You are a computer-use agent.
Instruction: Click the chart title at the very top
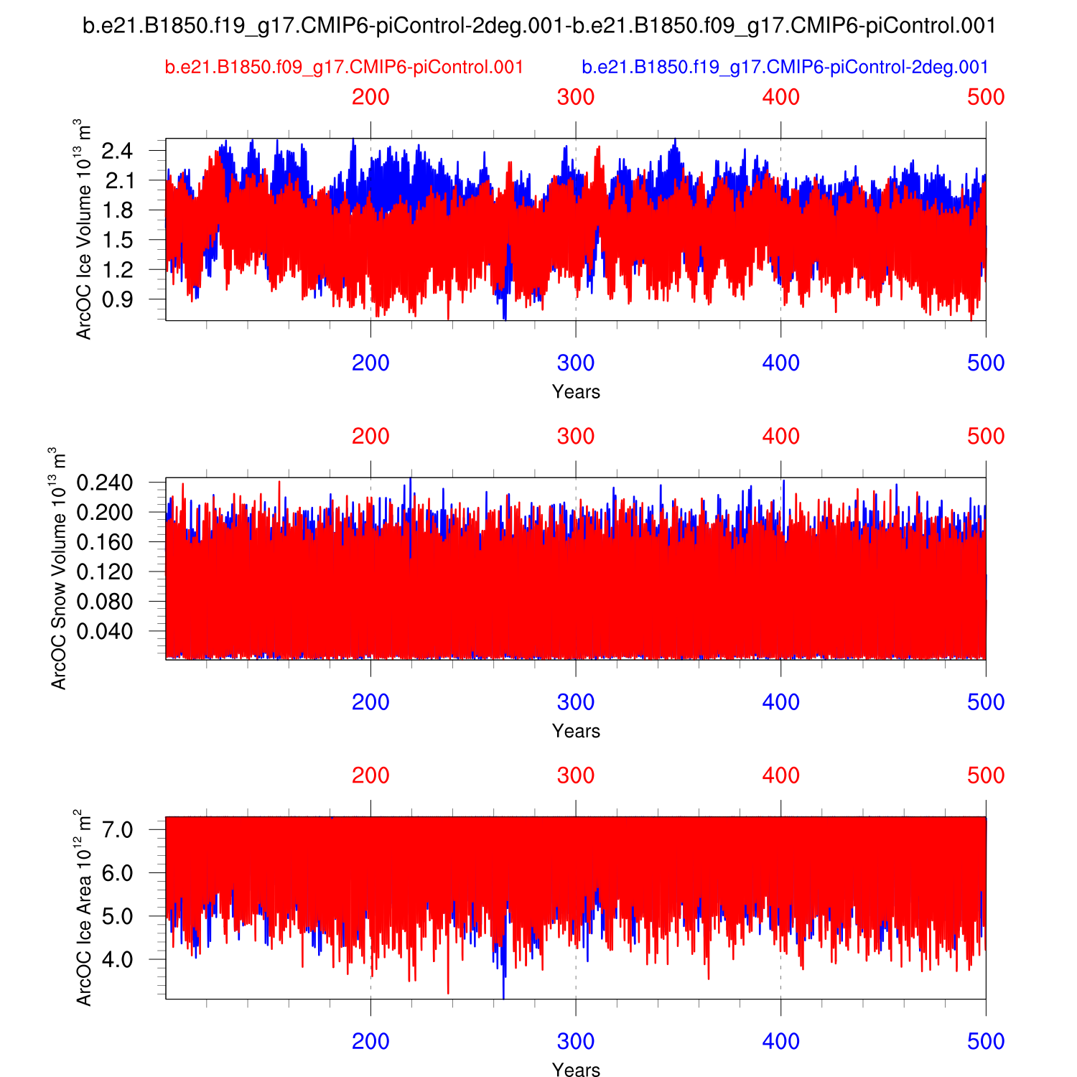(x=538, y=27)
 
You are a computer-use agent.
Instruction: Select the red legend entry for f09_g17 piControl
(x=344, y=67)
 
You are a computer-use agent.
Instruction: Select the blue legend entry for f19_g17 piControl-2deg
(x=785, y=67)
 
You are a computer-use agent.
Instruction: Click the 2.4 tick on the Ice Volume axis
(x=117, y=151)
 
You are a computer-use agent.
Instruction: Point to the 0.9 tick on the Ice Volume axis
(x=117, y=299)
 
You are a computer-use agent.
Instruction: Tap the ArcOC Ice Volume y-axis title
(x=84, y=228)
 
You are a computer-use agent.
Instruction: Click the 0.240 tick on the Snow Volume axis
(x=106, y=482)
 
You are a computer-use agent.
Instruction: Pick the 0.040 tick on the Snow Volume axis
(x=106, y=631)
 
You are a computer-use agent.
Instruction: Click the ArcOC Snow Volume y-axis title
(x=58, y=568)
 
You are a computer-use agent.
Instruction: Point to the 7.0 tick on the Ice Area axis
(x=118, y=830)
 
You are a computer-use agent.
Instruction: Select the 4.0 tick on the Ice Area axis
(x=118, y=959)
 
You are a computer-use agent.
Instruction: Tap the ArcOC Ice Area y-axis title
(x=84, y=908)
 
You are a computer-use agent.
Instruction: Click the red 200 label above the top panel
(x=370, y=97)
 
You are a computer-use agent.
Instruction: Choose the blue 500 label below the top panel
(x=985, y=363)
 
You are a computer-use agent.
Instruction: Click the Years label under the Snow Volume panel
(x=576, y=731)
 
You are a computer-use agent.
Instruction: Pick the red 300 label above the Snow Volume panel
(x=576, y=437)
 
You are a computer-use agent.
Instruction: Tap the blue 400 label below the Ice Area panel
(x=780, y=1041)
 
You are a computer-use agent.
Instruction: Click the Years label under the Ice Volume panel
(x=576, y=391)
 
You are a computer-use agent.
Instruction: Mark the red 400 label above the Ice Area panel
(x=780, y=775)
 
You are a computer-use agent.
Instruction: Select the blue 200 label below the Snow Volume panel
(x=370, y=702)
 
